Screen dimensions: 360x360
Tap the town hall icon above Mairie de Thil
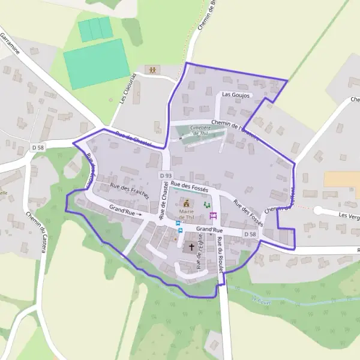pyautogui.click(x=187, y=203)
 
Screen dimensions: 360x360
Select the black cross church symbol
pyautogui.click(x=192, y=247)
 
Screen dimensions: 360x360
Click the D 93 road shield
pyautogui.click(x=166, y=175)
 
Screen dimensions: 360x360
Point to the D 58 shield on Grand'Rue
pyautogui.click(x=251, y=233)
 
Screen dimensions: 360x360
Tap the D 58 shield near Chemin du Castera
pyautogui.click(x=37, y=147)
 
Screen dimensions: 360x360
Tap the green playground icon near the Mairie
pyautogui.click(x=207, y=205)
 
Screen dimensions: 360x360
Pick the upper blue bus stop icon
pyautogui.click(x=178, y=223)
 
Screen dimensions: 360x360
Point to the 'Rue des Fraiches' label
pyautogui.click(x=129, y=191)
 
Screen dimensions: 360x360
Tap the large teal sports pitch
pyautogui.click(x=96, y=64)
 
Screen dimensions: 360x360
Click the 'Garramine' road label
pyautogui.click(x=10, y=44)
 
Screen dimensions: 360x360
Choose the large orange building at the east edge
pyautogui.click(x=341, y=179)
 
